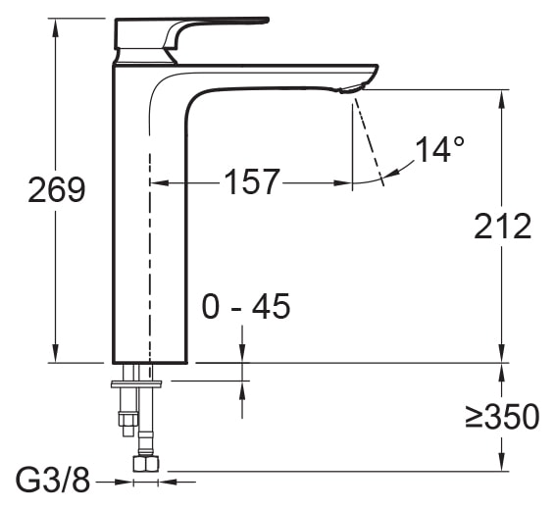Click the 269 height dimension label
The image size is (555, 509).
(56, 189)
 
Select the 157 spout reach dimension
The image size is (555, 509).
(252, 181)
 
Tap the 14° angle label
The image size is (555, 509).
(439, 150)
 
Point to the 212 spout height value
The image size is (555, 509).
(502, 226)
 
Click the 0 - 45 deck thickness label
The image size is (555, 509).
(246, 307)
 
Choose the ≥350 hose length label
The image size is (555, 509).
(502, 417)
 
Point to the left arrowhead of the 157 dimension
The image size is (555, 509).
(158, 182)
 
